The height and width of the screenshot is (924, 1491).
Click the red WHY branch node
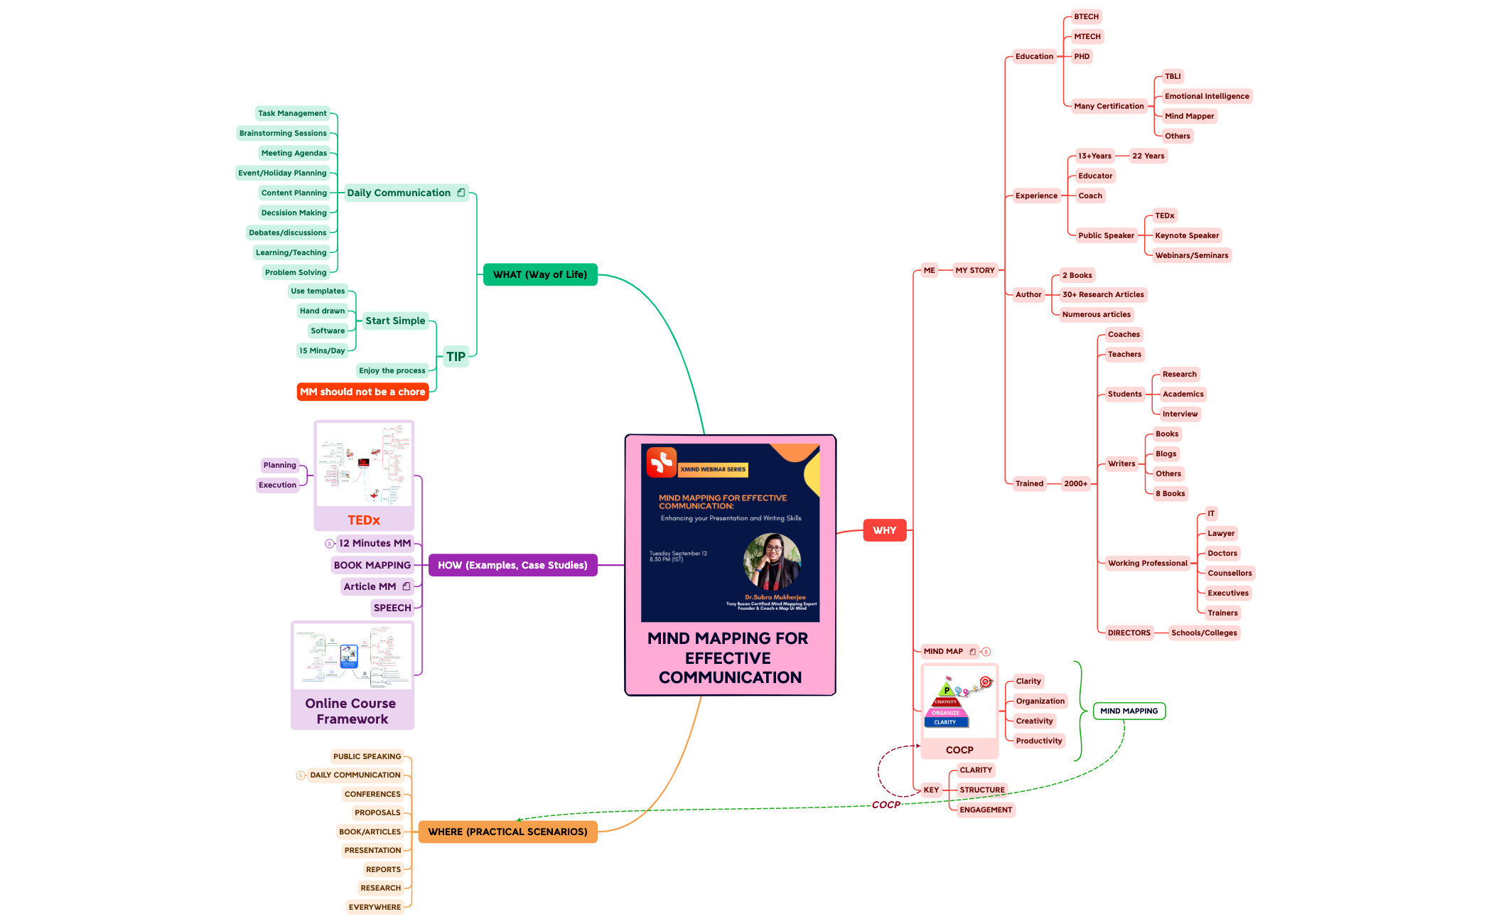click(884, 530)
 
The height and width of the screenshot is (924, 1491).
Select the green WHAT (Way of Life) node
click(539, 274)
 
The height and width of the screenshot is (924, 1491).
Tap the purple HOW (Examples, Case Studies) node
click(512, 565)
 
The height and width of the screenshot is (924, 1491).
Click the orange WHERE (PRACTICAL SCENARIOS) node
click(507, 832)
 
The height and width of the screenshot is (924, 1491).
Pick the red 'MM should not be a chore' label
click(362, 392)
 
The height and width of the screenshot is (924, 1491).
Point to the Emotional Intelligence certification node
click(1206, 96)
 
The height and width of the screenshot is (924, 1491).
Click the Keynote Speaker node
click(1186, 235)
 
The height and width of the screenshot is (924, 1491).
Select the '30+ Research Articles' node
click(1103, 294)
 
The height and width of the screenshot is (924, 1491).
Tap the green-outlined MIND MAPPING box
click(1129, 711)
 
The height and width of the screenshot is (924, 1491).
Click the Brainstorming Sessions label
click(283, 133)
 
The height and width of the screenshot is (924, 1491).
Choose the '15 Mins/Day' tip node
click(322, 350)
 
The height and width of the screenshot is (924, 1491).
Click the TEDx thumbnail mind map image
click(364, 465)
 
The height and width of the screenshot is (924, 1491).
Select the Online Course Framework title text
click(351, 711)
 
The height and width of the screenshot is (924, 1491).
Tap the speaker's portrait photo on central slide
click(772, 562)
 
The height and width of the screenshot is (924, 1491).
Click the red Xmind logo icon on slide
click(661, 463)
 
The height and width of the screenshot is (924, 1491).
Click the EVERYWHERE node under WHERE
click(375, 907)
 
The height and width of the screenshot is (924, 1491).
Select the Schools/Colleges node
click(1203, 633)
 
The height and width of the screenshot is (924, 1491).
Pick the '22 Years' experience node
click(1148, 156)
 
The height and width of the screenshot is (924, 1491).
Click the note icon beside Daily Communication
click(461, 193)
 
